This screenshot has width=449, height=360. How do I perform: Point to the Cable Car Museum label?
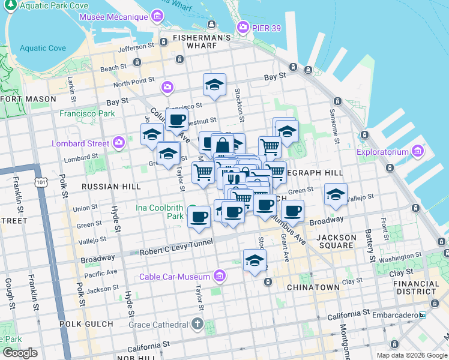174,277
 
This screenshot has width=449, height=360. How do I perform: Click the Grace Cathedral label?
158,325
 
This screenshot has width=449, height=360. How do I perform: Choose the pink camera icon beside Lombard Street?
119,143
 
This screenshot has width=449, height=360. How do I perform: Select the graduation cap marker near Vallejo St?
336,194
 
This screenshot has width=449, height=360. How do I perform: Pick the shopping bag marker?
222,145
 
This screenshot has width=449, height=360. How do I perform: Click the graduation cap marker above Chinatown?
255,260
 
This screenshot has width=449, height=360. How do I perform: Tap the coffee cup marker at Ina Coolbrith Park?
199,217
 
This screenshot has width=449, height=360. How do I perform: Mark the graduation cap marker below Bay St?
214,85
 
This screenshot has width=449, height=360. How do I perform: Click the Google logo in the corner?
20,353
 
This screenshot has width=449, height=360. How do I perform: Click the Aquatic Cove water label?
43,48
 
